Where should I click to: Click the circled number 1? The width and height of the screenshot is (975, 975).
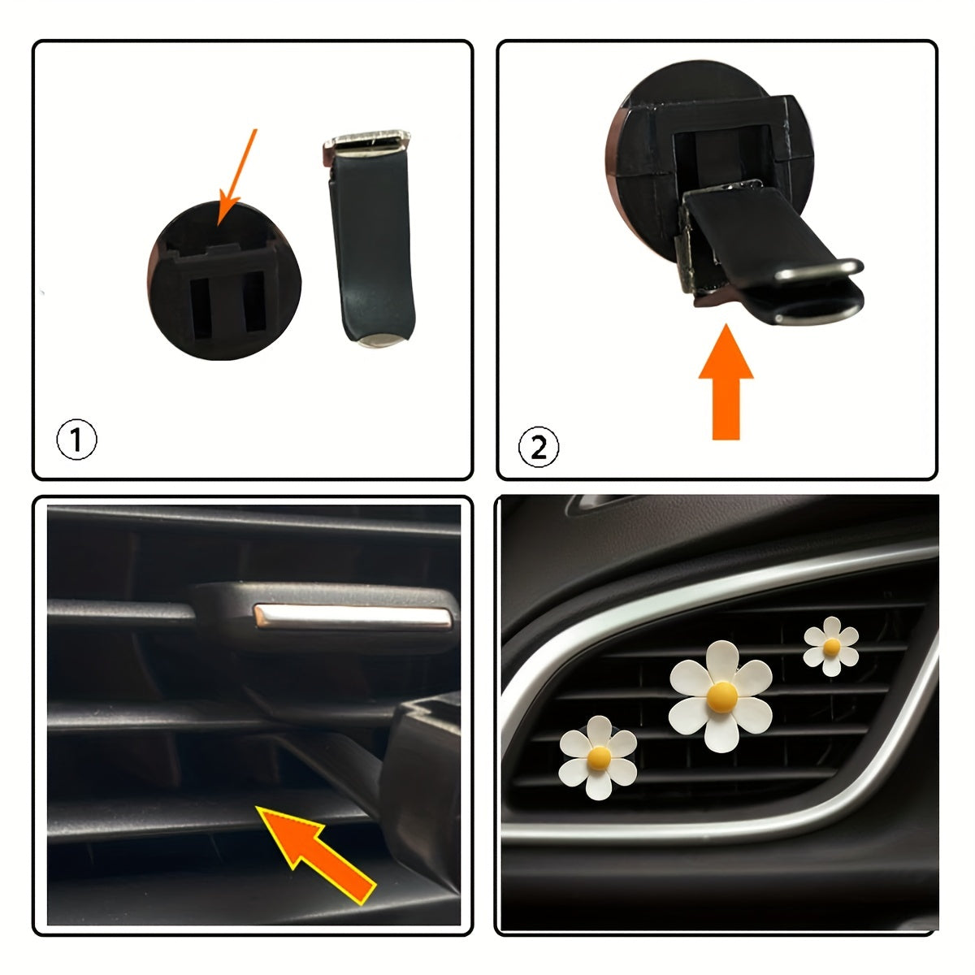pos(77,440)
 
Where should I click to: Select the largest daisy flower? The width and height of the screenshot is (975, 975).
pos(721,696)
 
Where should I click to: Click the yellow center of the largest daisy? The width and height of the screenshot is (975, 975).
pos(721,695)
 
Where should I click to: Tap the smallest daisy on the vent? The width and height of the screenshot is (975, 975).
pos(831,646)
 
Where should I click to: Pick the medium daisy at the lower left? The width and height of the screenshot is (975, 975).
pos(599,757)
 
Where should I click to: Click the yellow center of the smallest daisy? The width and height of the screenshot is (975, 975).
pos(831,647)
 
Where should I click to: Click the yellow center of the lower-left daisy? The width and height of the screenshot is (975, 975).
pos(599,757)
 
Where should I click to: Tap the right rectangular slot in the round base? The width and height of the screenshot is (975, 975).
pos(254,300)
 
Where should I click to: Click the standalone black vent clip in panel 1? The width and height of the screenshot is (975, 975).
pos(372,244)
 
